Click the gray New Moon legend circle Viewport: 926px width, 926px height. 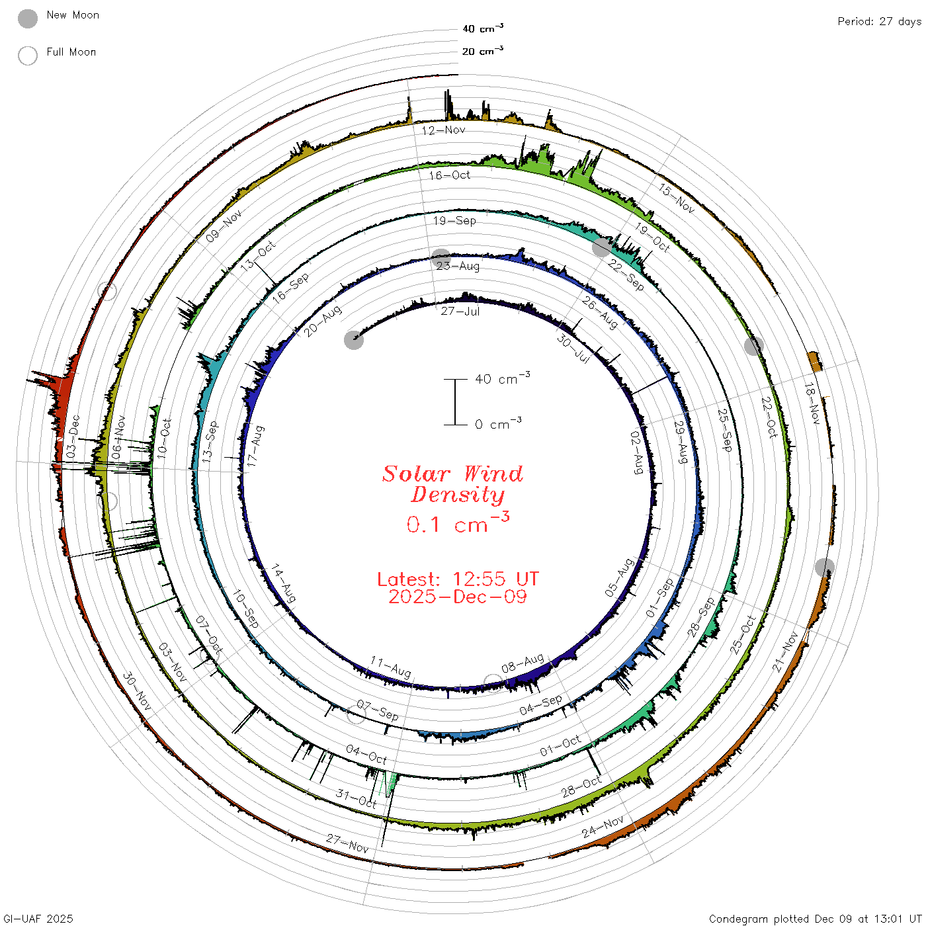(x=28, y=19)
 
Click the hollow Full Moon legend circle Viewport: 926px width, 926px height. (x=28, y=56)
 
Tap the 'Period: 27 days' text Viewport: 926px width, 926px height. (x=879, y=22)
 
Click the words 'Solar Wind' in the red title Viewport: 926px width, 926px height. (x=452, y=474)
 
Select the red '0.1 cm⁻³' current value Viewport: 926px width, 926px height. (x=458, y=523)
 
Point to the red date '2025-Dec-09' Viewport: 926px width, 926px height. (x=458, y=597)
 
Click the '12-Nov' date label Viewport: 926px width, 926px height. (x=444, y=130)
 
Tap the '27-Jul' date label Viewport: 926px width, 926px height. (x=460, y=312)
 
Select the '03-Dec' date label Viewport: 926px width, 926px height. (x=73, y=437)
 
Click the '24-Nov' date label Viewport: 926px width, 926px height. (x=603, y=827)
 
